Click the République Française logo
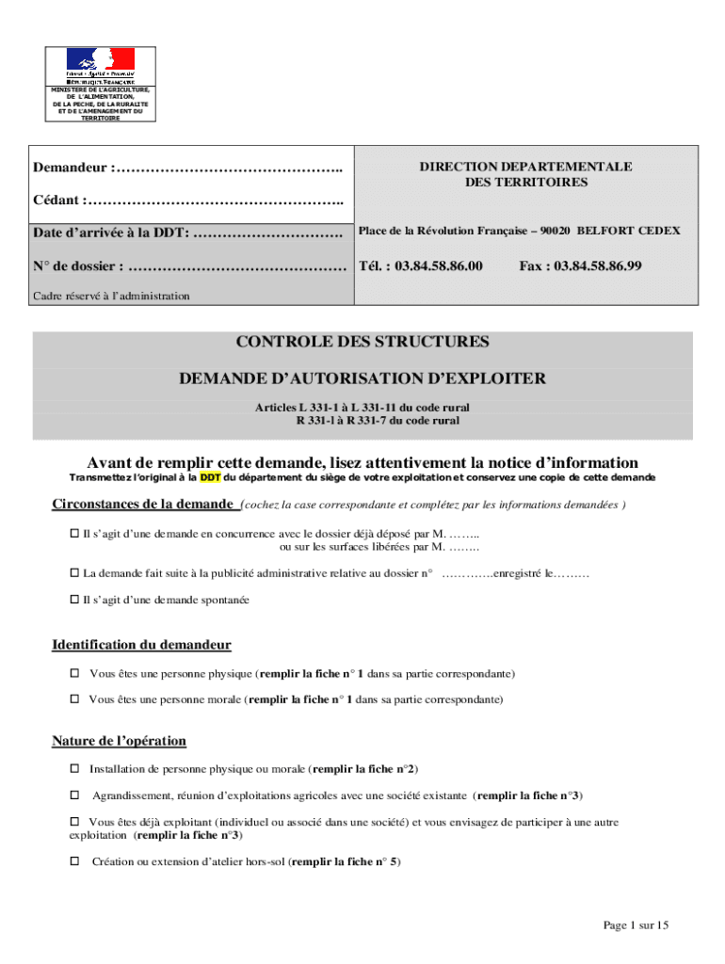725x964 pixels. [100, 66]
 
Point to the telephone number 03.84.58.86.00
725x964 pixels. [421, 266]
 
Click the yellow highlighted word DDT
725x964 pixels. [210, 477]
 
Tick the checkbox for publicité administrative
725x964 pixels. [74, 573]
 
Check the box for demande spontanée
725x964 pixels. [74, 600]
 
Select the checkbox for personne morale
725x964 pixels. [74, 700]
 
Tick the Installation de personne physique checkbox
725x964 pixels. [74, 769]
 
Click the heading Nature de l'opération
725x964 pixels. [119, 741]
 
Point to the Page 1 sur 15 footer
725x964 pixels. [636, 926]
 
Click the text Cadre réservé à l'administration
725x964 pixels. [111, 297]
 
